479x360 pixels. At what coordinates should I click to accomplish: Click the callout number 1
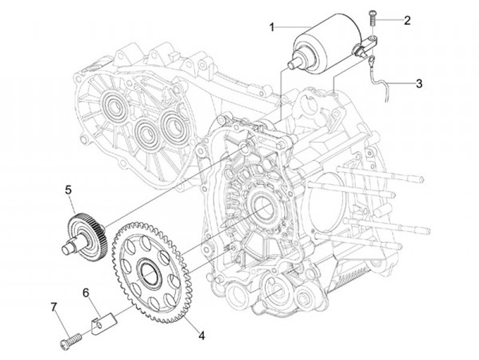point(272,27)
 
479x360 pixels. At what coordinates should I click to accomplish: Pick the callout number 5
point(68,189)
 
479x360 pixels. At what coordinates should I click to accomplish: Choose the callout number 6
point(86,291)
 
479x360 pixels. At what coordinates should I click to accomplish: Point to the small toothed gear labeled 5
point(85,226)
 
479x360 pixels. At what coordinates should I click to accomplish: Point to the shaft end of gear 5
point(67,249)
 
